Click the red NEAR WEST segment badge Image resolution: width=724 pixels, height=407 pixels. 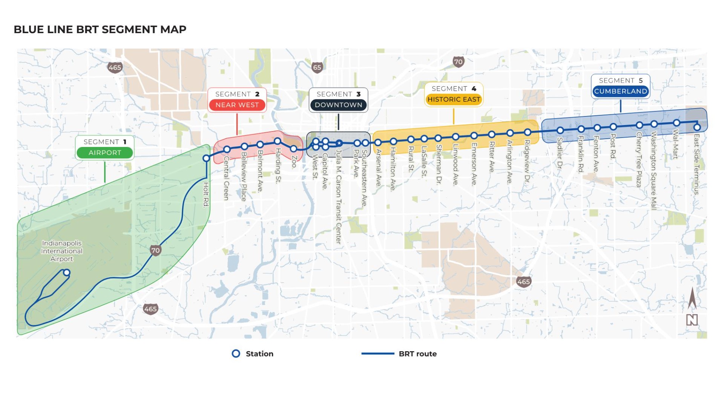(x=237, y=105)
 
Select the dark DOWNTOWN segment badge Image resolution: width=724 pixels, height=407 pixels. (x=338, y=105)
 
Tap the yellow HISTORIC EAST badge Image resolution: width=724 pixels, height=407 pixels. (x=454, y=99)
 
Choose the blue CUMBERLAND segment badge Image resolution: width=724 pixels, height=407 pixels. (x=620, y=91)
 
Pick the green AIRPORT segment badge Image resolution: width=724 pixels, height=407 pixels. (x=105, y=153)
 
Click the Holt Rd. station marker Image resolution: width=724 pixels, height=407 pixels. (x=206, y=158)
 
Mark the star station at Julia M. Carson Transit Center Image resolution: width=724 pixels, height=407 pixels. (x=339, y=143)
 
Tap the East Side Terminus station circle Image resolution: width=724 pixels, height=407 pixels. (x=697, y=127)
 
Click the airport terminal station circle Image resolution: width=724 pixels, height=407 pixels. (x=67, y=272)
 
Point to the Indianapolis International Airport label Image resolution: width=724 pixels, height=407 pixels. (x=62, y=251)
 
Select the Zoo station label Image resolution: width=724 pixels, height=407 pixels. (x=295, y=161)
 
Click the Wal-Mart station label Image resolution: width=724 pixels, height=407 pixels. (x=676, y=144)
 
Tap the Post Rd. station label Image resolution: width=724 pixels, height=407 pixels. (x=613, y=146)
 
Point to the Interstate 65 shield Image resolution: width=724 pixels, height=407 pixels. (x=317, y=67)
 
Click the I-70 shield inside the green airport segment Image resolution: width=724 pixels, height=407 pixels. (x=155, y=250)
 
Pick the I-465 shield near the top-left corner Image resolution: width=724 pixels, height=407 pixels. (x=115, y=67)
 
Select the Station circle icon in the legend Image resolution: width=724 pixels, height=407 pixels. (x=236, y=353)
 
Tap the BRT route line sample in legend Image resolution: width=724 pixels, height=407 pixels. (x=378, y=353)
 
